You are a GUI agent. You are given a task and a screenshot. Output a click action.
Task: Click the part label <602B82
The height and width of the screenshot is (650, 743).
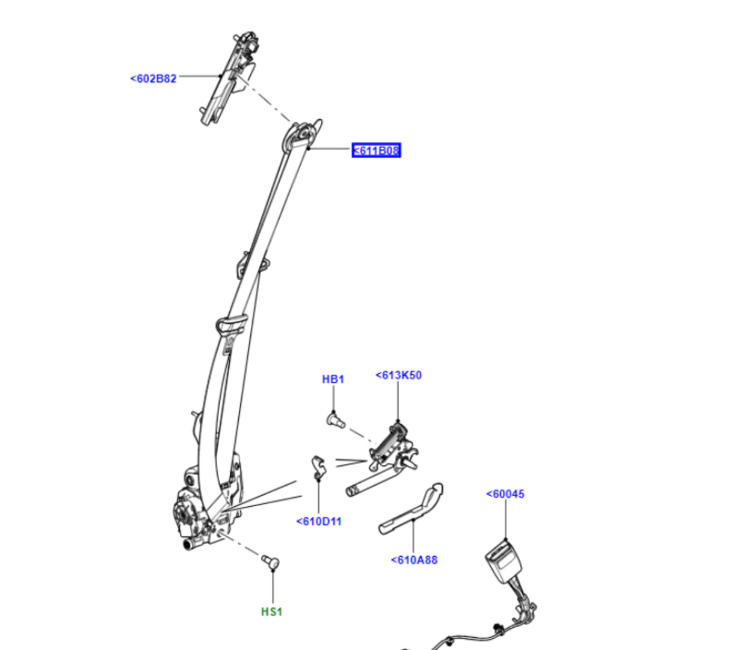click(x=153, y=79)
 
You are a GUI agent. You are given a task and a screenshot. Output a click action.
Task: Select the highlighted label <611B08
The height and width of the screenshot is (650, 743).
click(x=376, y=150)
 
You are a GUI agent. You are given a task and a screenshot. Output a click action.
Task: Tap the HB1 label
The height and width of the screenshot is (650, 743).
click(x=333, y=379)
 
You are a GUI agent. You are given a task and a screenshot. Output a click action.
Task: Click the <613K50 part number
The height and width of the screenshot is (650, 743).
click(x=398, y=376)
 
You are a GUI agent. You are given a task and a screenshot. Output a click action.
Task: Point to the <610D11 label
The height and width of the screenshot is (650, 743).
click(x=319, y=522)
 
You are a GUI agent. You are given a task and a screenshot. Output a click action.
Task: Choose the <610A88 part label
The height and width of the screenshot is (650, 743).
click(x=414, y=560)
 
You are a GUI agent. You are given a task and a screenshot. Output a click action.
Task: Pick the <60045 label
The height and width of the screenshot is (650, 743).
click(x=505, y=494)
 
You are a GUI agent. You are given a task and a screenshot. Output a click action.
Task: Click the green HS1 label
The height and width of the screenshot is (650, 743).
click(x=271, y=612)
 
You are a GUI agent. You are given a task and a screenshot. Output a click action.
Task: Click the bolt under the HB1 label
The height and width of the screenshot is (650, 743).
click(x=335, y=419)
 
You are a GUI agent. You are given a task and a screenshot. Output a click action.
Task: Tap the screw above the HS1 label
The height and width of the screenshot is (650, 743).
click(x=271, y=562)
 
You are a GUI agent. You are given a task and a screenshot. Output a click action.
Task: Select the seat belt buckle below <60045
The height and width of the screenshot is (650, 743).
click(x=504, y=562)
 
